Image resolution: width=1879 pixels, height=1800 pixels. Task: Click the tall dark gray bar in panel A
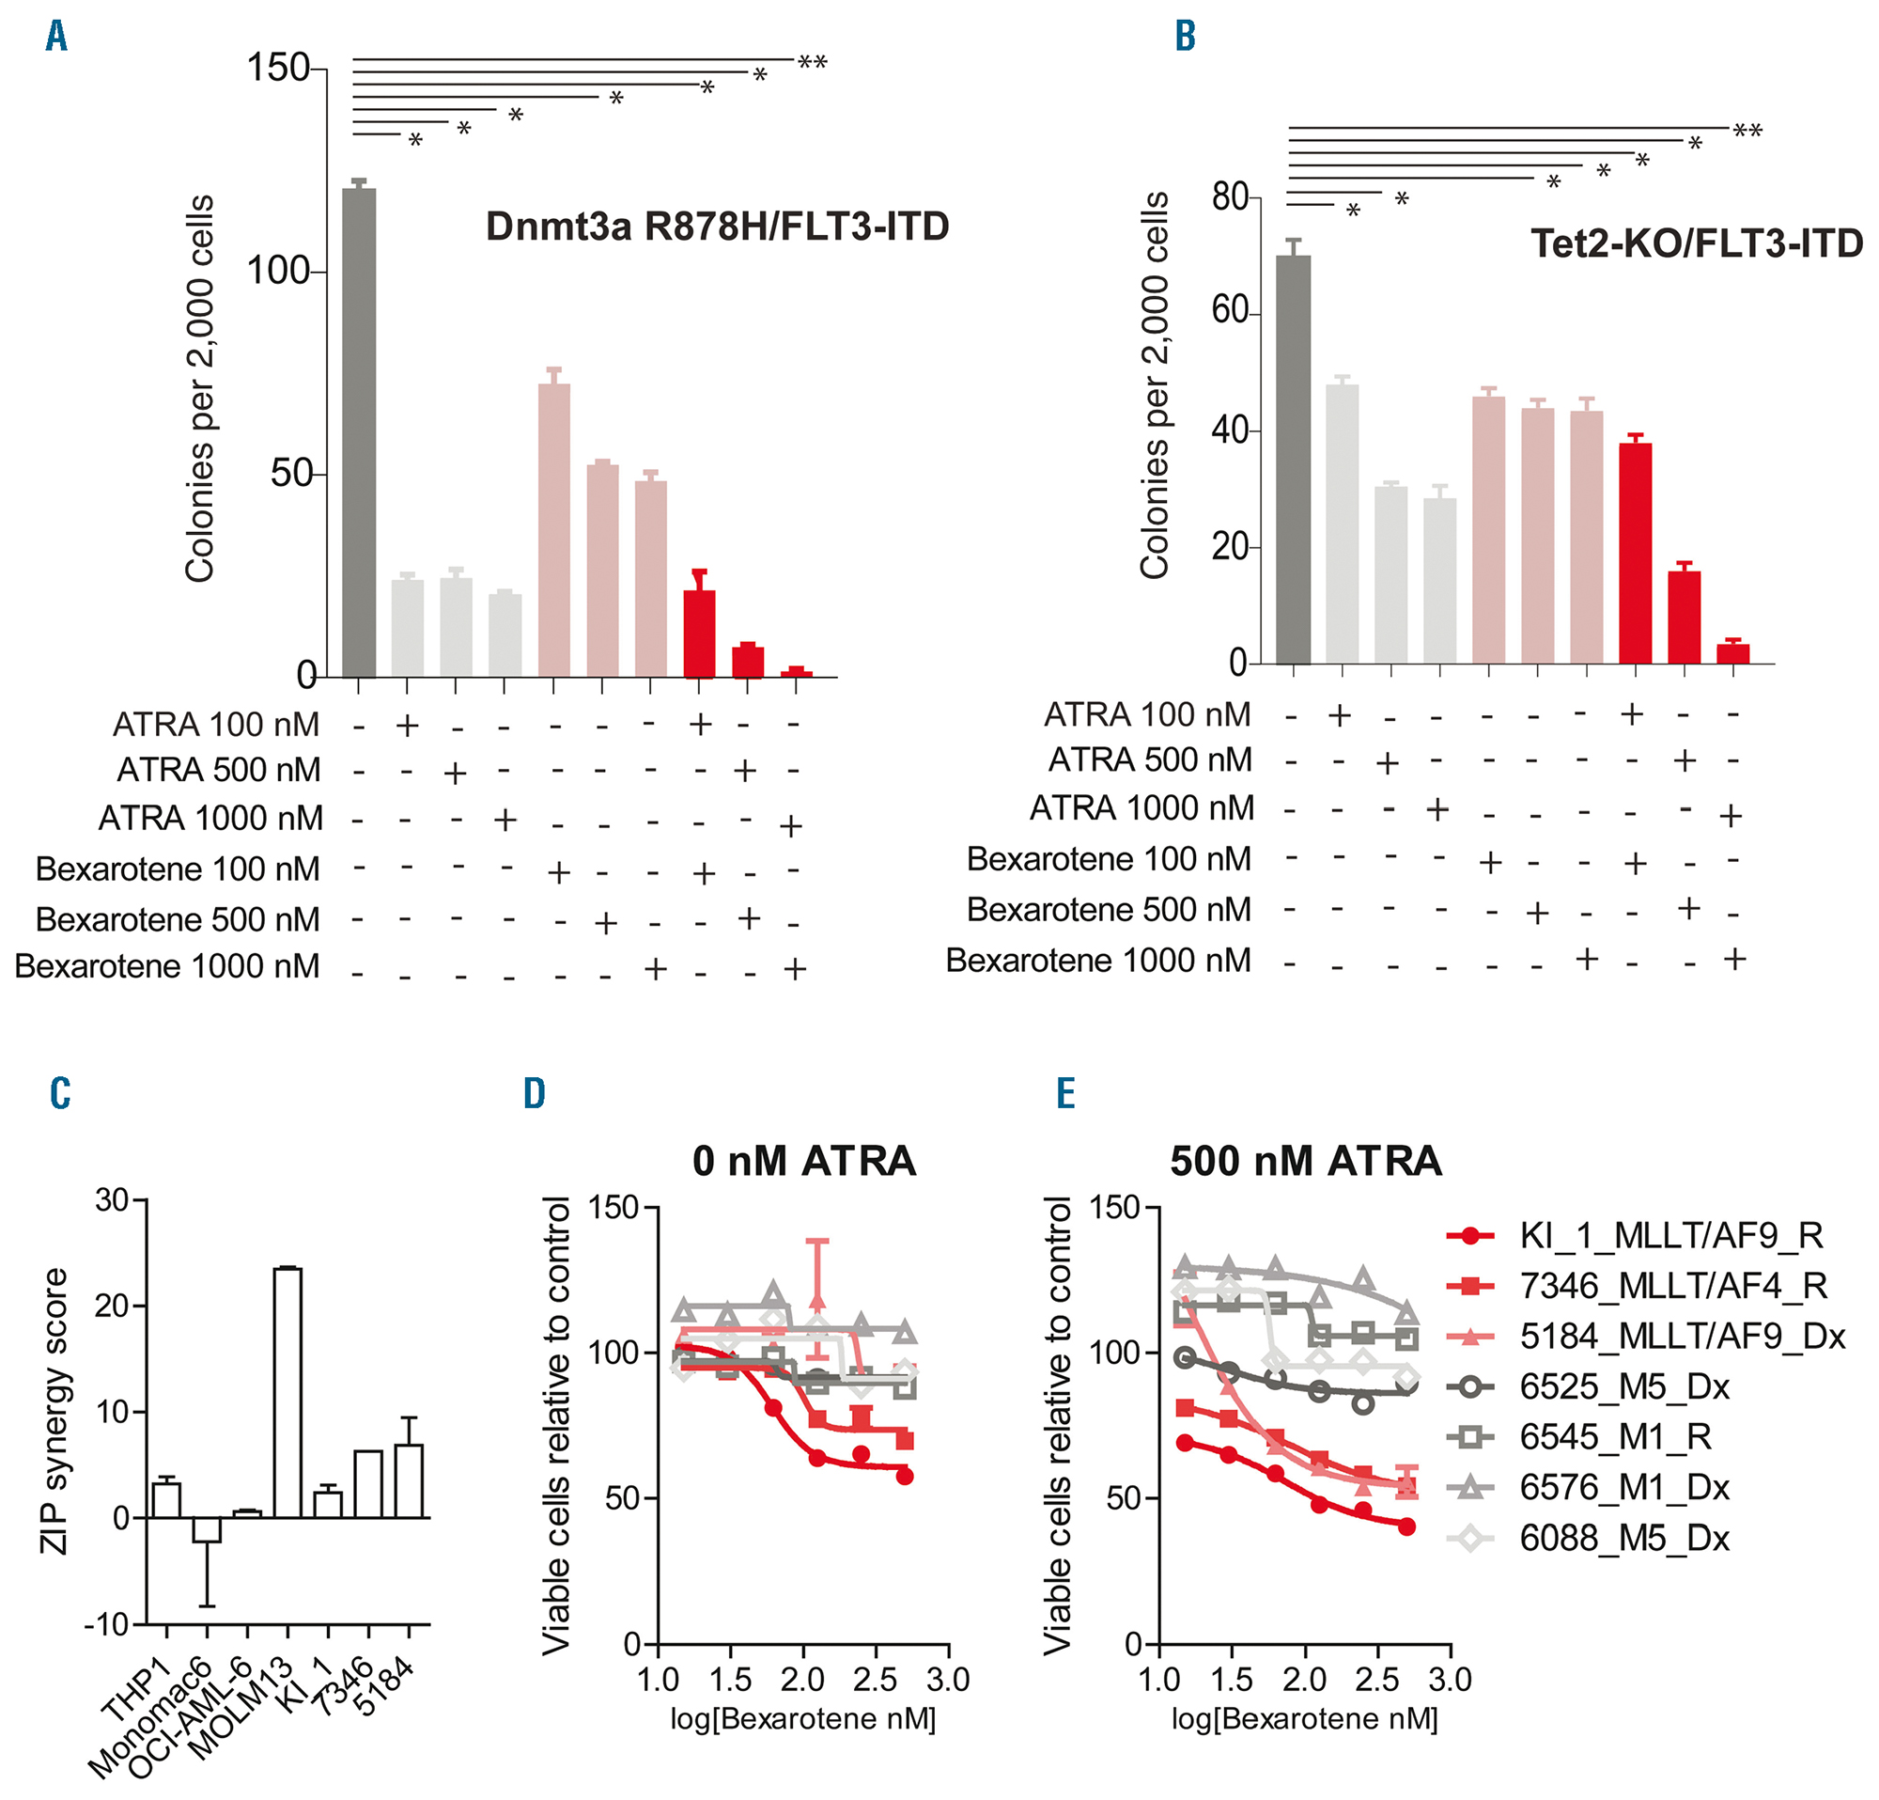360,431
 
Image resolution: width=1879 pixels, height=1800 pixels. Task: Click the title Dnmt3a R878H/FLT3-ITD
717,227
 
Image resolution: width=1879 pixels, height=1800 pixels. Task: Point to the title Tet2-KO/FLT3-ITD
1696,243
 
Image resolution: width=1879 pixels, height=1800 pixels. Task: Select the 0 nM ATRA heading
803,1162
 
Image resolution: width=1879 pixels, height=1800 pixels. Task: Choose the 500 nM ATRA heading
1306,1162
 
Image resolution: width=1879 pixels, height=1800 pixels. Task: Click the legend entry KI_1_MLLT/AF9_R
1670,1236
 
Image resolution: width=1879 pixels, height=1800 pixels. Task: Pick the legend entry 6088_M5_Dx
1624,1539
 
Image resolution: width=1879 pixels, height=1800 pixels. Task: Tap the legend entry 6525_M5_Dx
1624,1386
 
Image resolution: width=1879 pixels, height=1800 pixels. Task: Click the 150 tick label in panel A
278,68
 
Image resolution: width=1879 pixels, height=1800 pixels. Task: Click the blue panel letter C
60,1093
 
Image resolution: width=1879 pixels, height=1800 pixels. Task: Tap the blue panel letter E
1065,1093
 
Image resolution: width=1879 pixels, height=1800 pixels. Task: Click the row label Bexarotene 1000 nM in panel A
168,966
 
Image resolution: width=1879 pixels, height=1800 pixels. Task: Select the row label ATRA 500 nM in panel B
1149,760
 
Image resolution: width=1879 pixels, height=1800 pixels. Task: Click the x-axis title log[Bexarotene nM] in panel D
802,1718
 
